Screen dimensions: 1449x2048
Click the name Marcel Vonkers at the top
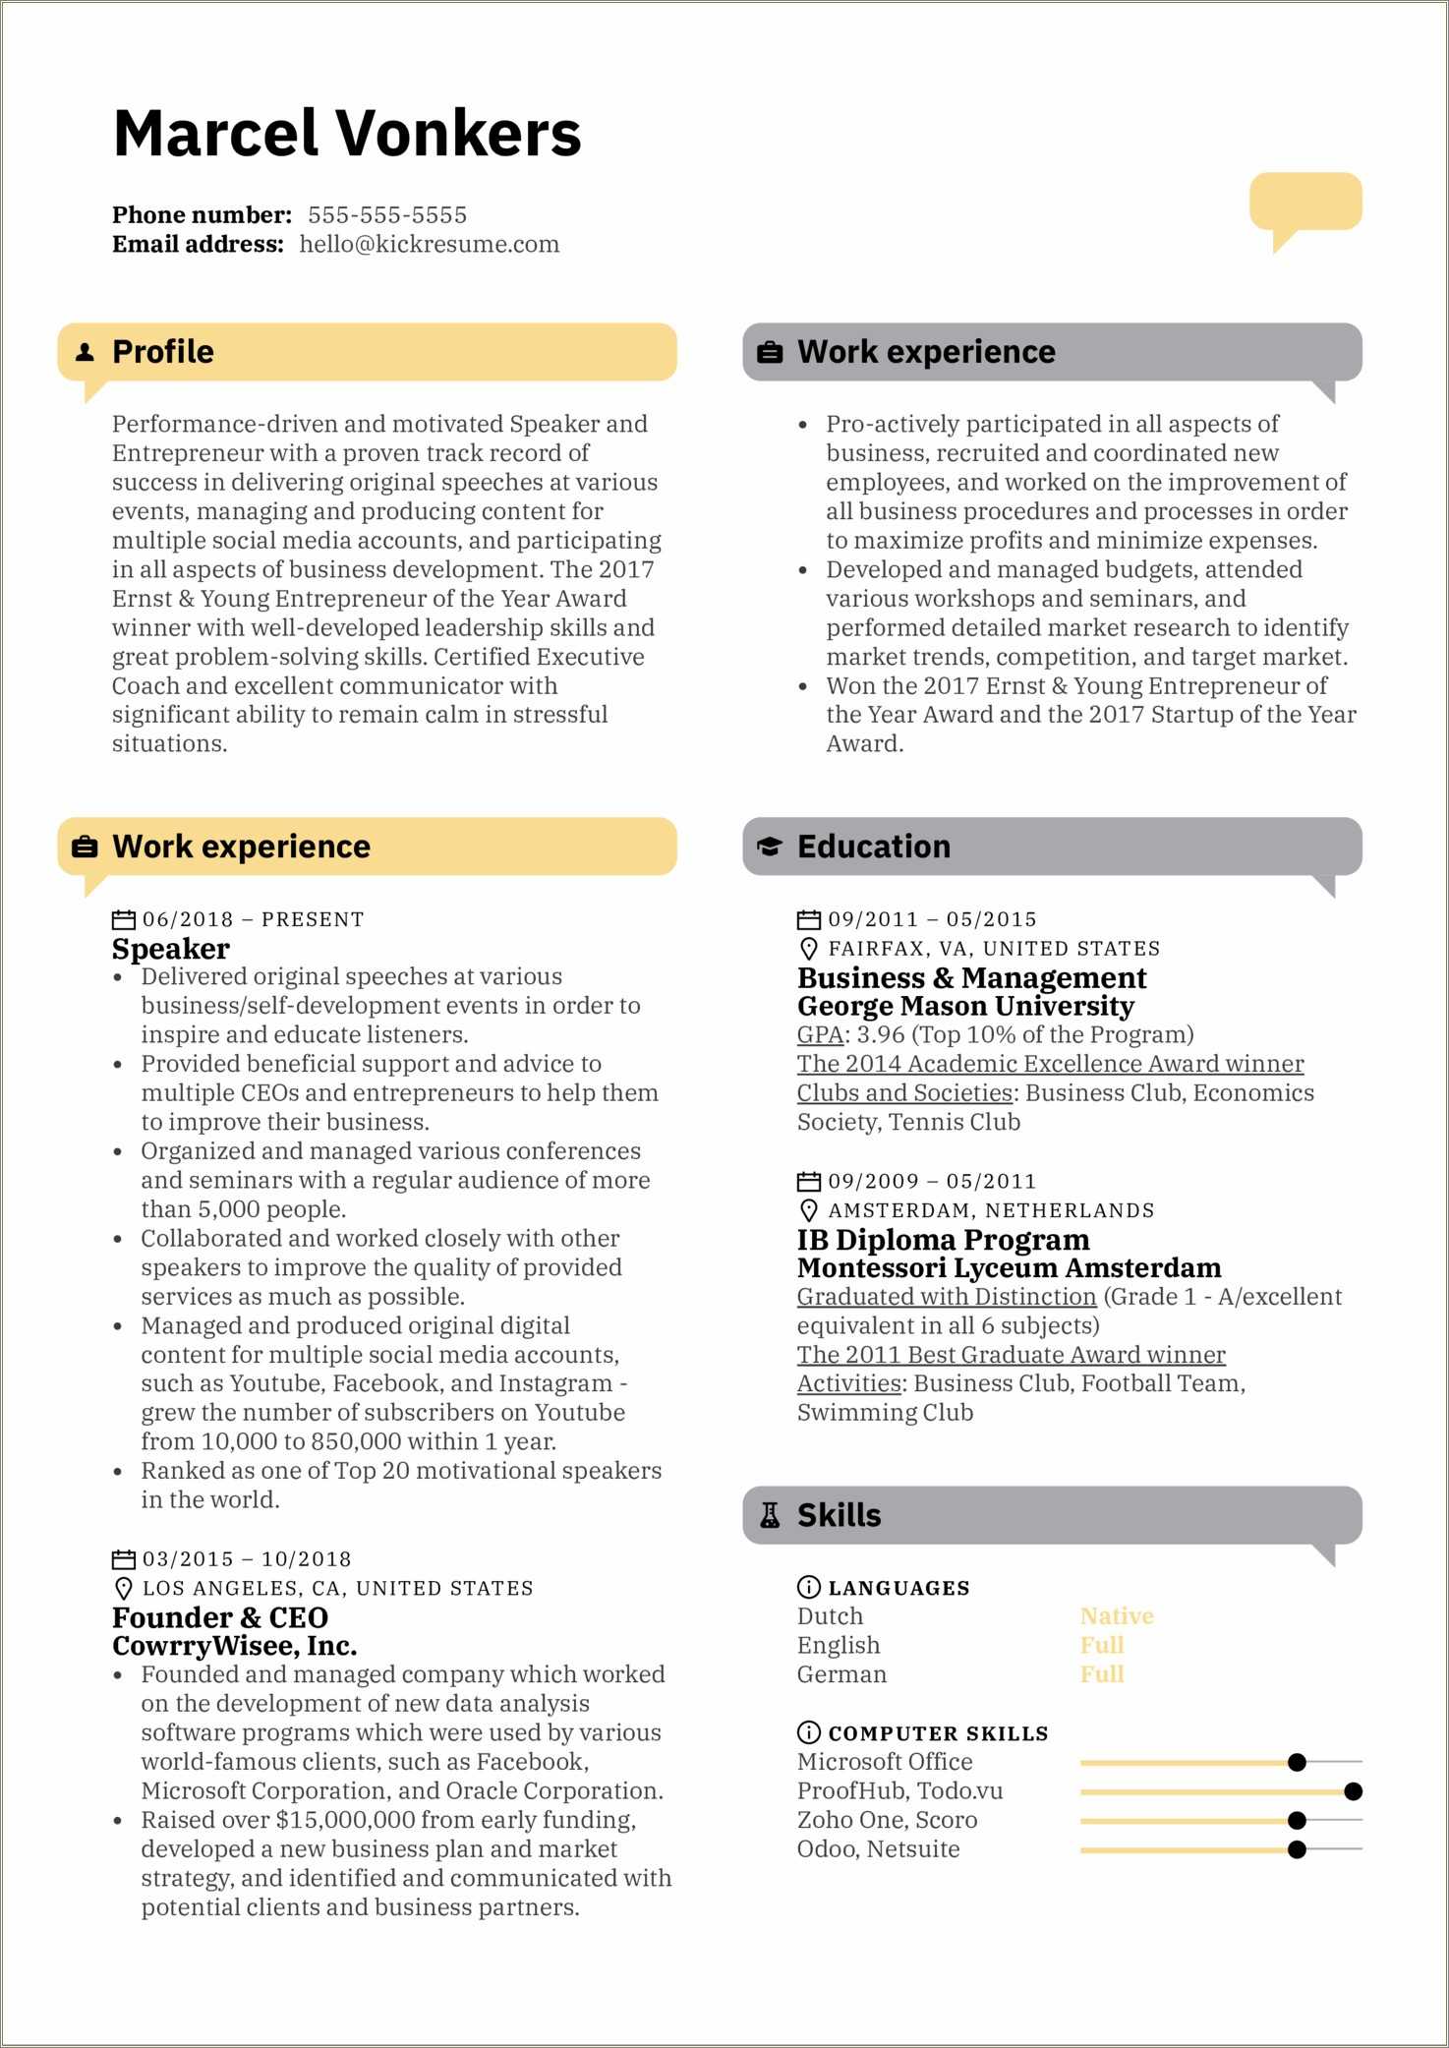pos(347,134)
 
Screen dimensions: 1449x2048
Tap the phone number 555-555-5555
pos(386,215)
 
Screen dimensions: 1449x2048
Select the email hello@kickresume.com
pos(429,245)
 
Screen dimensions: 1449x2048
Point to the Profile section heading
pos(163,352)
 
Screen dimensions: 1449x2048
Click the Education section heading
pos(873,847)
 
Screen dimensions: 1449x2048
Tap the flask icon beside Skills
pos(770,1515)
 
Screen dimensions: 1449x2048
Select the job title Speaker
pos(171,949)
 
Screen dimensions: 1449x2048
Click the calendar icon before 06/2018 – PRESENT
pos(123,920)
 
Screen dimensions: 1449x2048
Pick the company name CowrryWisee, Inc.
pos(234,1646)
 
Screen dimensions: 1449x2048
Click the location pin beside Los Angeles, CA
pos(123,1589)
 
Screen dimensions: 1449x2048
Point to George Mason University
pos(965,1006)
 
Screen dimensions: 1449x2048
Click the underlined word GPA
pos(820,1034)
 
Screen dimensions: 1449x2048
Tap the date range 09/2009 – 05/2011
pos(931,1182)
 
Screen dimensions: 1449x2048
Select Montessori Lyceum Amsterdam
pos(1009,1268)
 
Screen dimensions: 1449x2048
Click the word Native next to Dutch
pos(1116,1616)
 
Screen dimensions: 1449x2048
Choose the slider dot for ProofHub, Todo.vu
pos(1353,1791)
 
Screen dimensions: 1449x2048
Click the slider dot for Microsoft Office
pos(1297,1762)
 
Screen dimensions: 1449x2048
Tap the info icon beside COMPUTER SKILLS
pos(808,1732)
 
